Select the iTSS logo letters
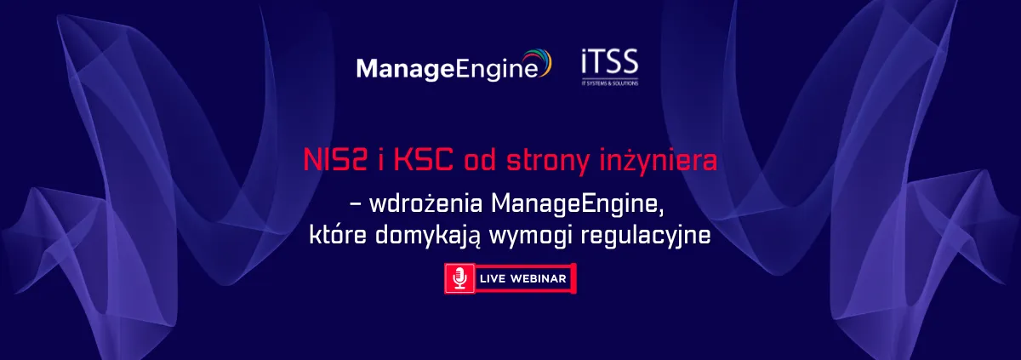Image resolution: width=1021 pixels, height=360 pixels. pyautogui.click(x=610, y=62)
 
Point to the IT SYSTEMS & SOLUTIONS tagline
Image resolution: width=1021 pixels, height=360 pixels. pyautogui.click(x=610, y=83)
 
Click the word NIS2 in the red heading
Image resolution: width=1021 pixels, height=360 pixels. pyautogui.click(x=335, y=160)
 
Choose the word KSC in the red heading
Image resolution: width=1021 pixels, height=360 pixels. pyautogui.click(x=423, y=160)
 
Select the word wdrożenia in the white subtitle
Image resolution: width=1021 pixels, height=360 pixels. pyautogui.click(x=425, y=203)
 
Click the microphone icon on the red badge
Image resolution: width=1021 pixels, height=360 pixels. pyautogui.click(x=460, y=278)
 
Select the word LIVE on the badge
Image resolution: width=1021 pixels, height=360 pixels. pyautogui.click(x=493, y=278)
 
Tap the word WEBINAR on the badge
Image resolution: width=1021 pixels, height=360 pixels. pyautogui.click(x=539, y=278)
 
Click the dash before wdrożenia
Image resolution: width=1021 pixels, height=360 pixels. pyautogui.click(x=356, y=205)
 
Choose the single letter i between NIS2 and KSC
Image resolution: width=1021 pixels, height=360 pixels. pyautogui.click(x=380, y=160)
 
